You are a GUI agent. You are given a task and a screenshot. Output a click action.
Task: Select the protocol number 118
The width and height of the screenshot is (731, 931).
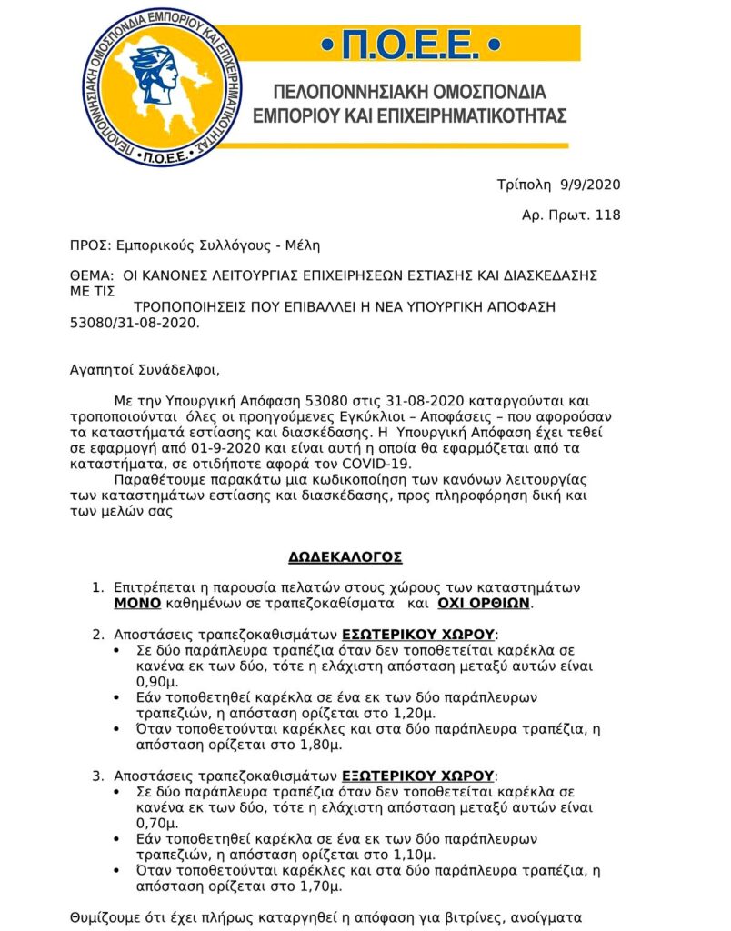[606, 215]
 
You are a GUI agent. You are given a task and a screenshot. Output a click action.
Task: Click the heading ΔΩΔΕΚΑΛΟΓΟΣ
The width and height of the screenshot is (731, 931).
[345, 556]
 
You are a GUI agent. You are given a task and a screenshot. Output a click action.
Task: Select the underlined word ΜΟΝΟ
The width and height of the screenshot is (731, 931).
[137, 603]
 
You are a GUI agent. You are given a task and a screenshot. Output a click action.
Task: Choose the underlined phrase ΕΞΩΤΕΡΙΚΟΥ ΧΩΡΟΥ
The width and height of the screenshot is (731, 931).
[418, 776]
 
